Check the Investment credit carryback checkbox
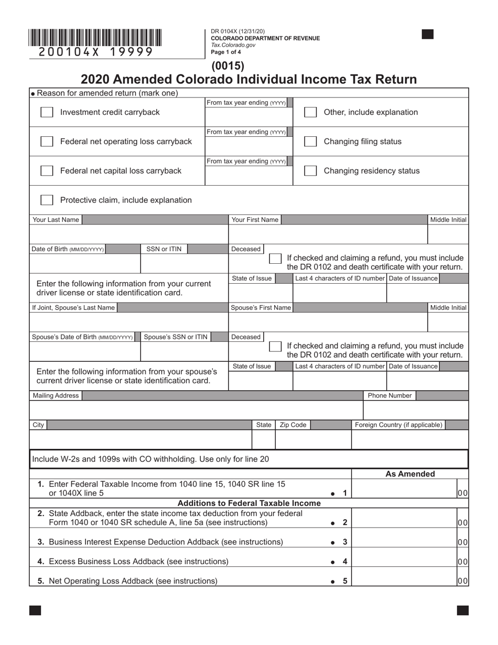[x=47, y=112]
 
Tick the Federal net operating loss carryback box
[x=47, y=142]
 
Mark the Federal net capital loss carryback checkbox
[x=47, y=171]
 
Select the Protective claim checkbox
[x=47, y=200]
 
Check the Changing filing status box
[x=310, y=142]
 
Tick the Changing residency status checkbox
[x=310, y=171]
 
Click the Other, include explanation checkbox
[x=310, y=112]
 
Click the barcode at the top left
[x=95, y=38]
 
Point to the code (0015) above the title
[x=228, y=66]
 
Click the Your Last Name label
[x=56, y=220]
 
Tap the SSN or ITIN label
[x=164, y=249]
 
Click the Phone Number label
[x=389, y=395]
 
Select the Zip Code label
[x=293, y=425]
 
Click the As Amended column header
[x=410, y=474]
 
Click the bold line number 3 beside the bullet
[x=345, y=542]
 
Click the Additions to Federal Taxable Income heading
[x=249, y=503]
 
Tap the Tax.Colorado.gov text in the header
[x=233, y=45]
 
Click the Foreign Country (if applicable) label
[x=398, y=425]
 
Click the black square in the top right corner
[x=428, y=35]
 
